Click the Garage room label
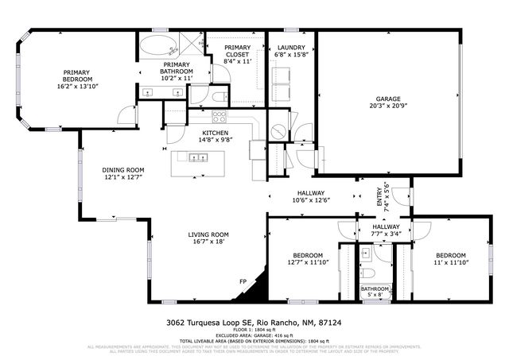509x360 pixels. [x=387, y=99]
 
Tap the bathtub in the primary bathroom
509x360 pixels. [x=160, y=45]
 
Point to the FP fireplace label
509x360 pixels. [x=244, y=281]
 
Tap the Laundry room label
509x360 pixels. [x=291, y=48]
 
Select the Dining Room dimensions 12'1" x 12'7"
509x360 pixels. [x=122, y=177]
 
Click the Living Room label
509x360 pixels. [x=208, y=234]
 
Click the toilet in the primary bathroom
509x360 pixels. [x=220, y=95]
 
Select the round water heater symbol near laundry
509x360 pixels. [x=279, y=129]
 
